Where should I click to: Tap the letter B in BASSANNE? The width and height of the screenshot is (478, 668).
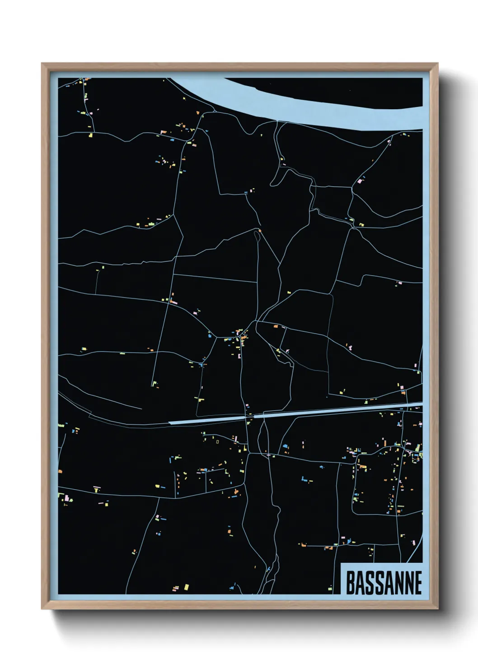(351, 583)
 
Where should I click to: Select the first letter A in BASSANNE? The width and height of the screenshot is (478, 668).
(361, 583)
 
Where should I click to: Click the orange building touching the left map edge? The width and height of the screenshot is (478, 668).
(60, 471)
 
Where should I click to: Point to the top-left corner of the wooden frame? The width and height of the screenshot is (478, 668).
(43, 65)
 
